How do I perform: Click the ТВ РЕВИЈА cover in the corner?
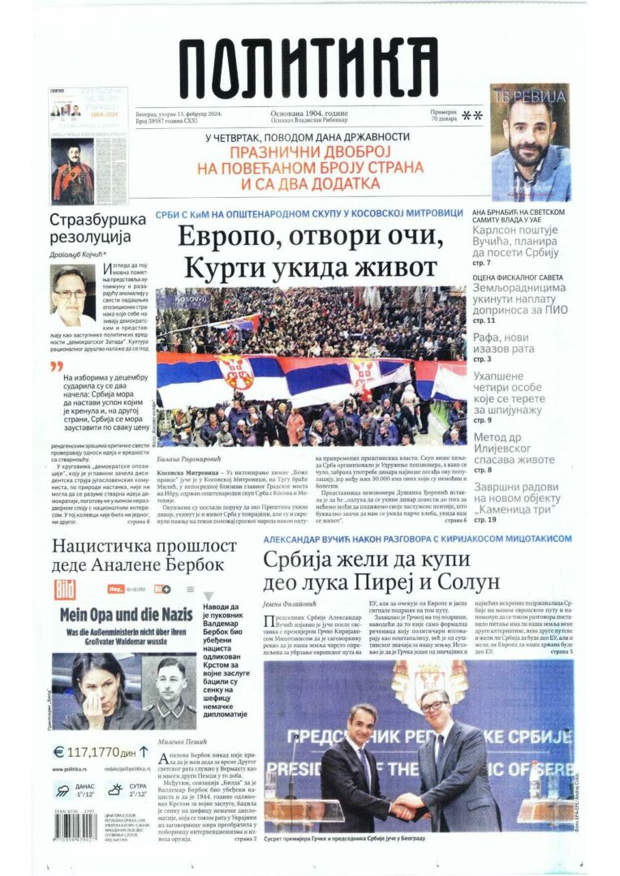pyautogui.click(x=530, y=142)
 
